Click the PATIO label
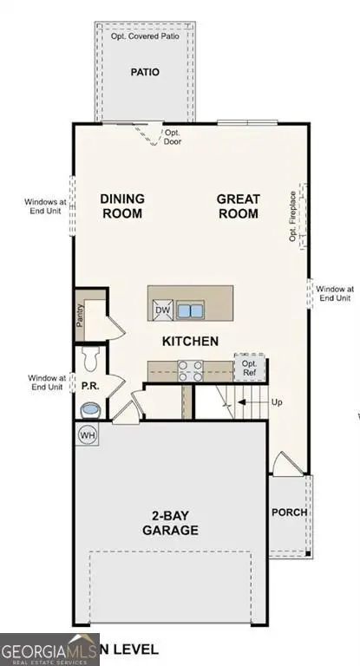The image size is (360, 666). click(145, 73)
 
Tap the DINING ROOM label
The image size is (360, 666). click(123, 206)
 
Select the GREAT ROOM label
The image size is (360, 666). click(238, 206)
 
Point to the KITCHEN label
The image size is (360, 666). click(190, 342)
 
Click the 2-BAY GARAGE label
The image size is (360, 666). click(174, 523)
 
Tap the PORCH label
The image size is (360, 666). click(289, 513)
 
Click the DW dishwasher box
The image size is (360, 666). click(162, 310)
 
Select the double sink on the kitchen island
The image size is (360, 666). click(190, 310)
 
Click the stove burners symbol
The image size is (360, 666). click(190, 370)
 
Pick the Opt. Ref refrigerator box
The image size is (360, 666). click(248, 369)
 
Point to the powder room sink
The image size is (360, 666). click(89, 408)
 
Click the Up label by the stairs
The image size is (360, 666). click(278, 403)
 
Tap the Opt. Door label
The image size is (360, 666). click(173, 137)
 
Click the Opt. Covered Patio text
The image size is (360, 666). click(145, 37)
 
